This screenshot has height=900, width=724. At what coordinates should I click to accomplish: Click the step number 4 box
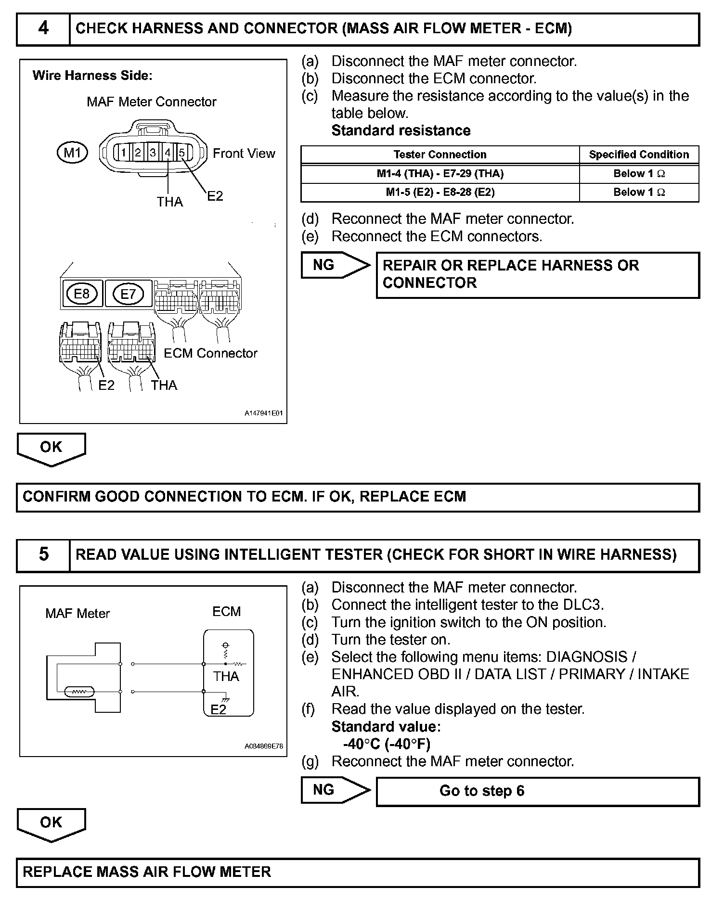point(43,29)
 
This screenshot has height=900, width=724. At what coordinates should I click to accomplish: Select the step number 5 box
point(43,555)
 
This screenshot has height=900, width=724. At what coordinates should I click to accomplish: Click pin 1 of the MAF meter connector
point(124,153)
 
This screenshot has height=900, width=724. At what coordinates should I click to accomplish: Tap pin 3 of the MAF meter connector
point(153,153)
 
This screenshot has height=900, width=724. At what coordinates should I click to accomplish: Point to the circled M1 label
point(72,153)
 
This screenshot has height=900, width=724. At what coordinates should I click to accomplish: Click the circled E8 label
point(81,294)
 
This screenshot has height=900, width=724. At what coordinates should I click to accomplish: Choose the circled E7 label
point(128,294)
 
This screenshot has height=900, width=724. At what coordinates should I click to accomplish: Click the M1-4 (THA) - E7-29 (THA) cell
point(440,174)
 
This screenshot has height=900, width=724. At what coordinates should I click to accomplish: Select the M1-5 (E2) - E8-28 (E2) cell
point(440,193)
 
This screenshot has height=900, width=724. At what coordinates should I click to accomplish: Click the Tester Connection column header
point(440,154)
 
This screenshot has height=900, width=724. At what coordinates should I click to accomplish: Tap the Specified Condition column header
point(639,154)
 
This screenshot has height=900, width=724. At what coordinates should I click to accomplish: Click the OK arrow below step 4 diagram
point(51,448)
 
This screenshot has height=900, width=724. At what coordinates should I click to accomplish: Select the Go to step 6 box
point(537,791)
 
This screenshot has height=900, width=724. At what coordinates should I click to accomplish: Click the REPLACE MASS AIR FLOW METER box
point(358,872)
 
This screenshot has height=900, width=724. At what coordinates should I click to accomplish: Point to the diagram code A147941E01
point(263,413)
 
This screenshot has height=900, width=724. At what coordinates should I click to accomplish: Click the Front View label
point(244,154)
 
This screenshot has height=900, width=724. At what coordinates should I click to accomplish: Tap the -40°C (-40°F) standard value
point(387,744)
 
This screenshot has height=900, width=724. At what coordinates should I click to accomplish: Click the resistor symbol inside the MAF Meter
point(79,692)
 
